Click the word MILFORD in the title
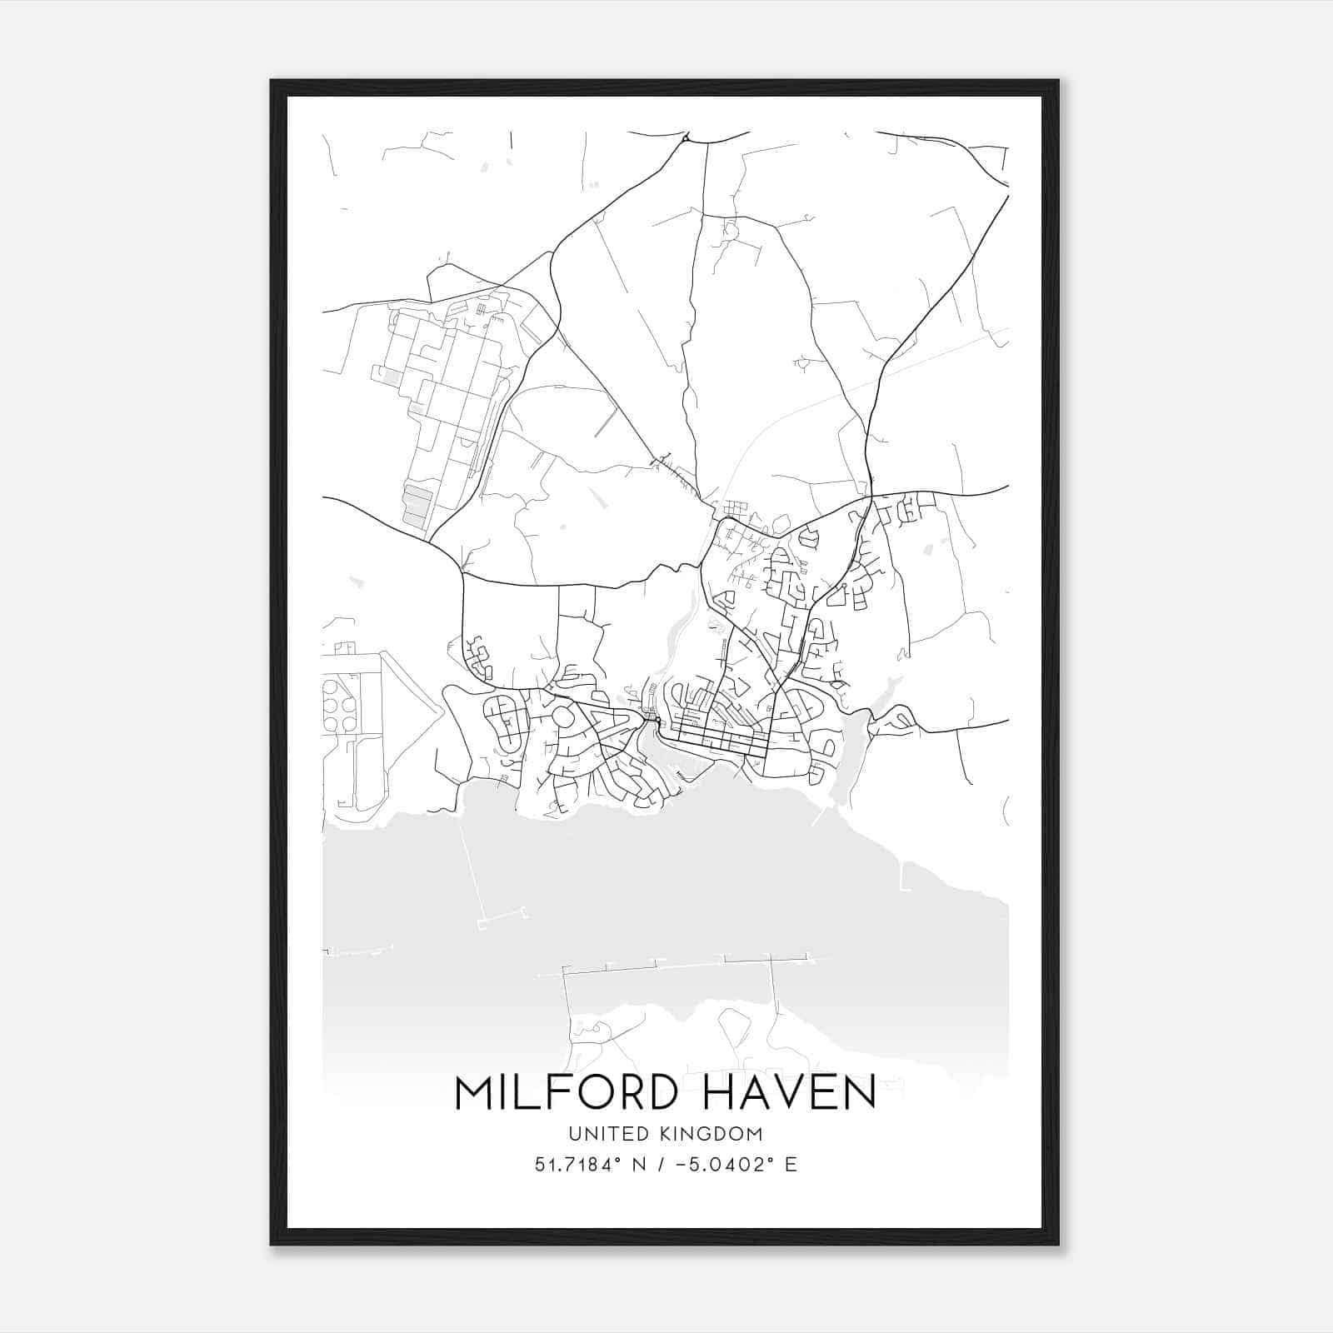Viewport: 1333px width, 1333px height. pos(565,1092)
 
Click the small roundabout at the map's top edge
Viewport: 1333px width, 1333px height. pos(685,138)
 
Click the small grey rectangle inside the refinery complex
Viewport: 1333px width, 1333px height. pos(390,377)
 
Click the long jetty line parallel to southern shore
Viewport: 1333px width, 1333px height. pos(666,966)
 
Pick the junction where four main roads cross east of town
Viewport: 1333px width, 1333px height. pos(870,496)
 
